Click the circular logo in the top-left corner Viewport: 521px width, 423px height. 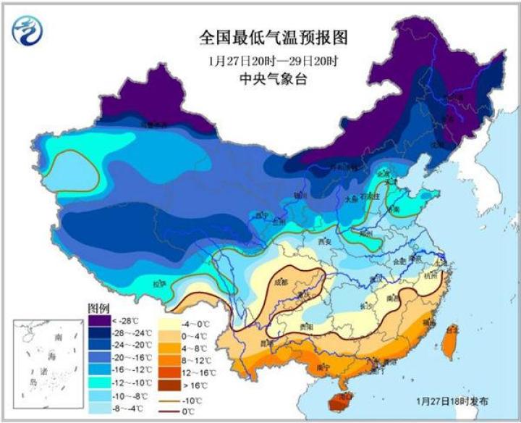[x=28, y=30]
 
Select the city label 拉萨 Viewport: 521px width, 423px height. [x=159, y=284]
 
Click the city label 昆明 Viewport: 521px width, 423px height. [x=266, y=340]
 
